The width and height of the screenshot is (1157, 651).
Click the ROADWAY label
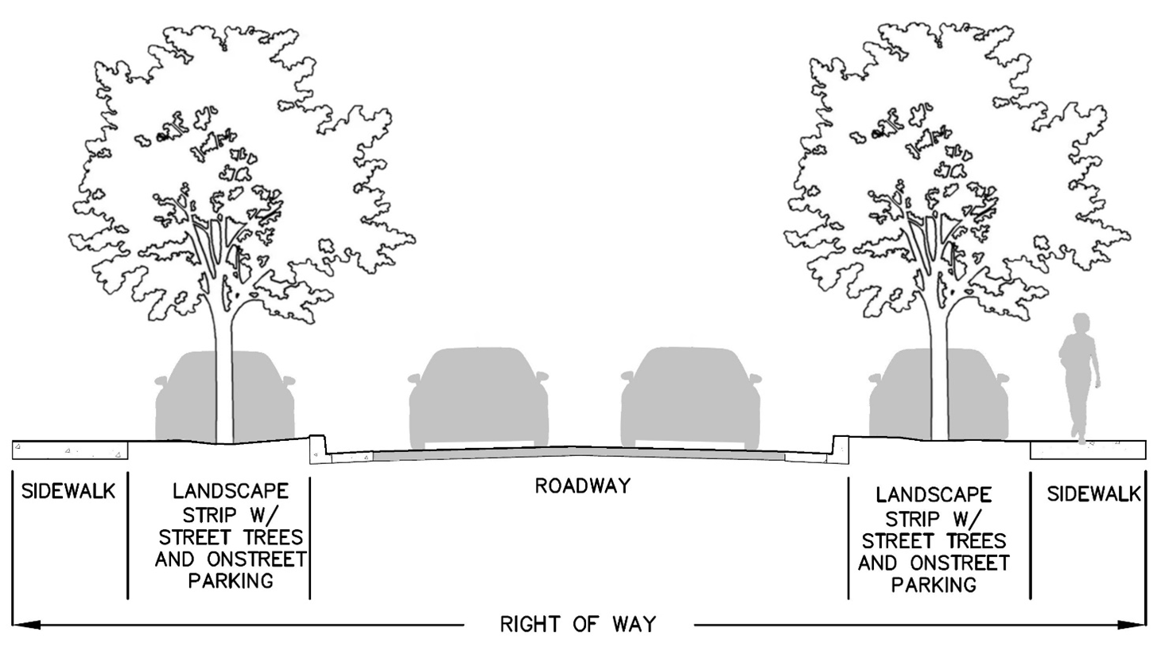[x=583, y=485]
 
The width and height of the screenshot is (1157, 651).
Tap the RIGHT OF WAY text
[x=578, y=624]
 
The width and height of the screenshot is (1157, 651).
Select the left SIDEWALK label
[x=68, y=491]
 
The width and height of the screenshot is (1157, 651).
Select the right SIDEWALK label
[x=1093, y=493]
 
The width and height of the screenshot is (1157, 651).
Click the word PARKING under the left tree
[x=231, y=580]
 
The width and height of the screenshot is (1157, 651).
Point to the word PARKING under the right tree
[x=934, y=585]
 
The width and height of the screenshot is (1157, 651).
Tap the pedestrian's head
[x=1081, y=323]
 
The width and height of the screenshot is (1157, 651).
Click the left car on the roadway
[x=479, y=398]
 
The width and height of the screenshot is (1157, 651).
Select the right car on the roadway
[x=690, y=398]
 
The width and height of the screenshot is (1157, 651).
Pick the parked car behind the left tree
[x=262, y=398]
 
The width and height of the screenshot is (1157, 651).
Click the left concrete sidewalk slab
[x=70, y=450]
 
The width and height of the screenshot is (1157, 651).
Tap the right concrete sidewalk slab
[x=1088, y=450]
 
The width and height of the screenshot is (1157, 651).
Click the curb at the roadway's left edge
[x=317, y=447]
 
